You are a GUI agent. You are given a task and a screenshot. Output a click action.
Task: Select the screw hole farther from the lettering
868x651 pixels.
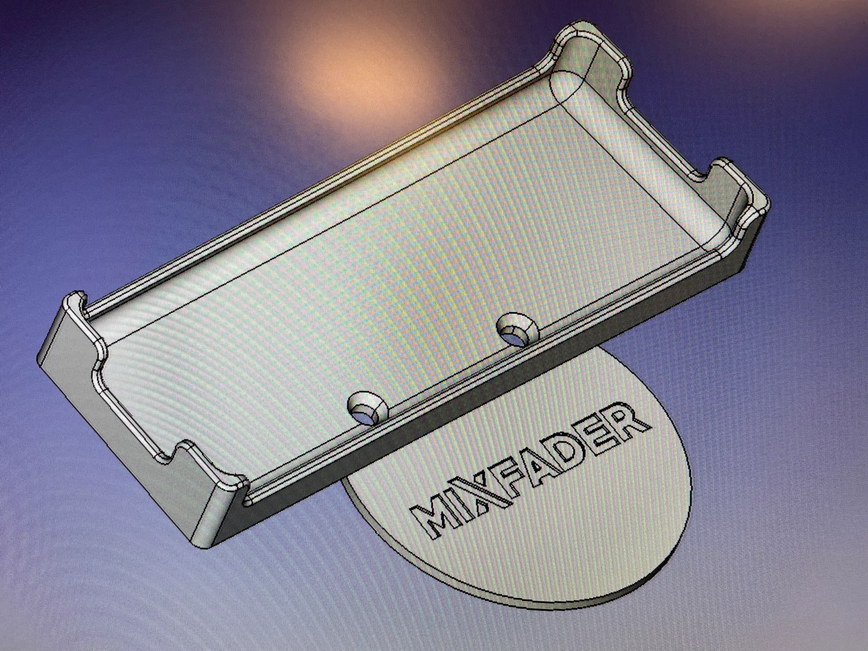pyautogui.click(x=515, y=328)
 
